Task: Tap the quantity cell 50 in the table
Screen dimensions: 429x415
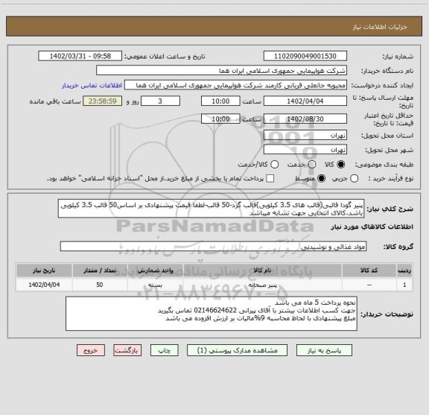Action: click(x=100, y=285)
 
